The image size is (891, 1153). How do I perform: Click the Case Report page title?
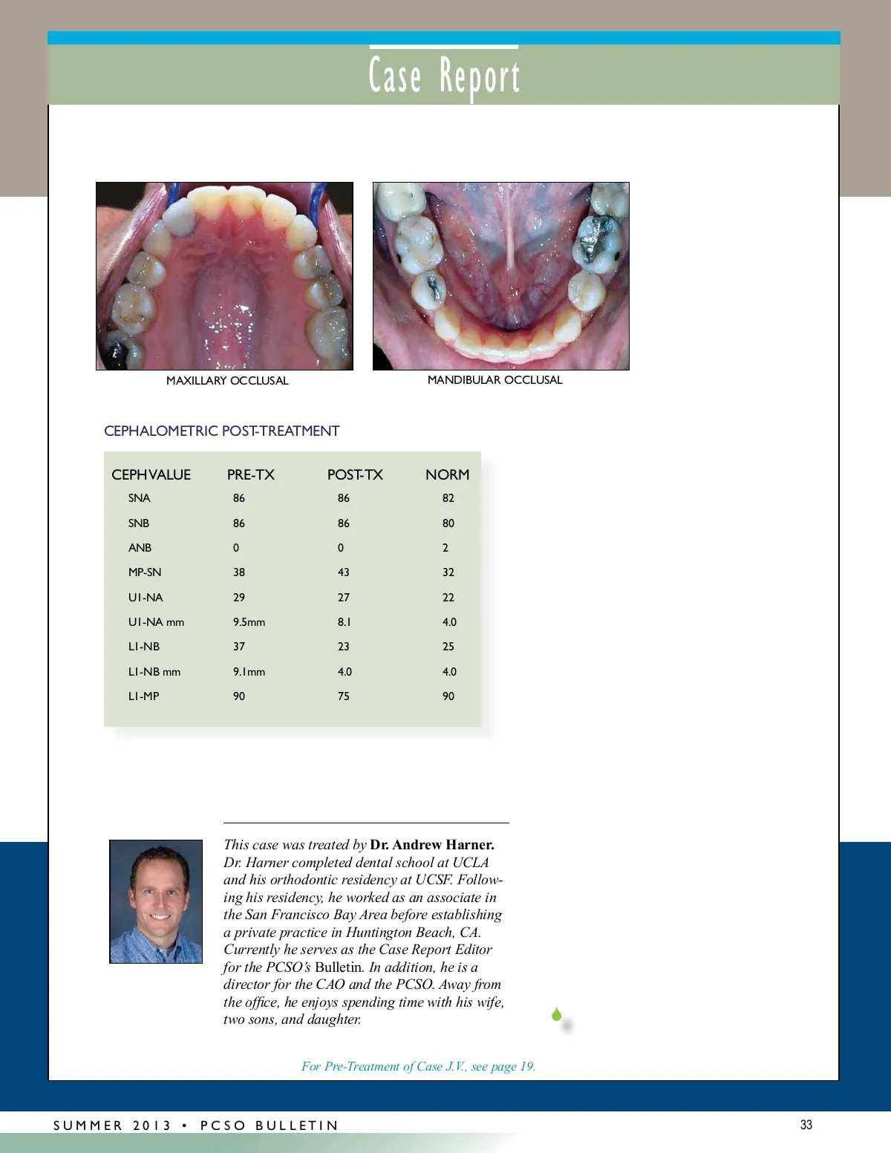click(444, 76)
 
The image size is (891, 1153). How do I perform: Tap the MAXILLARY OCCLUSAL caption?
click(227, 381)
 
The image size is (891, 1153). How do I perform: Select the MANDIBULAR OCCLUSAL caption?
click(495, 380)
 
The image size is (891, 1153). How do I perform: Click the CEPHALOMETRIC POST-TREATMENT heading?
click(221, 431)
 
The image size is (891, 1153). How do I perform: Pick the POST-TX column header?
click(355, 475)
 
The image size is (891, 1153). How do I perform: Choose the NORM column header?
click(447, 475)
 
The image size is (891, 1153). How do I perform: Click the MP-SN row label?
click(145, 572)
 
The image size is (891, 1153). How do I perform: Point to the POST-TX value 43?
click(343, 572)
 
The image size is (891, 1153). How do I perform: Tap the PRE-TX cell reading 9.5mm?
click(249, 622)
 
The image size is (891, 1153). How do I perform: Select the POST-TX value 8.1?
click(344, 622)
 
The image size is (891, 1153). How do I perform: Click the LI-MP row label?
click(143, 696)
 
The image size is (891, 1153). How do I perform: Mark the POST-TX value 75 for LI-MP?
click(343, 696)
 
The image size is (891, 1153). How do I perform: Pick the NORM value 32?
click(448, 572)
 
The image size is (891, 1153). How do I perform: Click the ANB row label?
click(140, 548)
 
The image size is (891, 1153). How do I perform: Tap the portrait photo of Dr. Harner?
click(156, 901)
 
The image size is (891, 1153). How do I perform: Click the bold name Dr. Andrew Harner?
click(432, 845)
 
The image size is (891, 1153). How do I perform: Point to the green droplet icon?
click(557, 1014)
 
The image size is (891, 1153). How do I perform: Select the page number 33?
click(806, 1125)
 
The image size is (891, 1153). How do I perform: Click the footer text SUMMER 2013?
click(112, 1126)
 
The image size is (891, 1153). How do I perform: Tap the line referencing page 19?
click(418, 1067)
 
